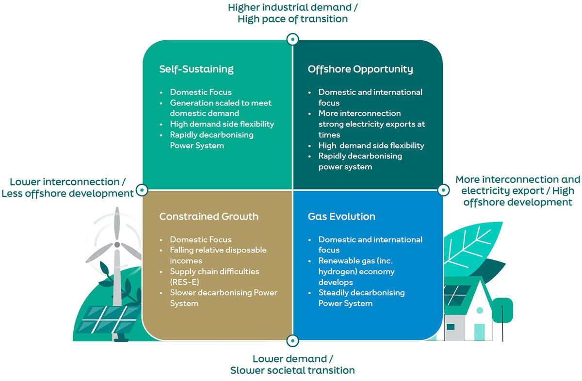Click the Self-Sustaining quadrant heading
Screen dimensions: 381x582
[196, 69]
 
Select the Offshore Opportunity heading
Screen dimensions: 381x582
[360, 69]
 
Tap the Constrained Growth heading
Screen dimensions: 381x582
[209, 216]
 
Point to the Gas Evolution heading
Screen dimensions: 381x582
[341, 216]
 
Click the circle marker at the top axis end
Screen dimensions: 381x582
[292, 39]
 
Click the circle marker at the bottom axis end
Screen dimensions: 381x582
[292, 341]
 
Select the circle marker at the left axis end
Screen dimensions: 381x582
[142, 190]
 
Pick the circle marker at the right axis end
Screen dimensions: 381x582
[443, 190]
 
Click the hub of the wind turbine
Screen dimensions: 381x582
[117, 245]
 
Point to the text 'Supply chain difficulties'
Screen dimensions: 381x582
[214, 271]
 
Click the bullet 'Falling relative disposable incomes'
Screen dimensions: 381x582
[218, 255]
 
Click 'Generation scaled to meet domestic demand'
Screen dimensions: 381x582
[221, 108]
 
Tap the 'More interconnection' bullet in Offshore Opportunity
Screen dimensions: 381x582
[359, 113]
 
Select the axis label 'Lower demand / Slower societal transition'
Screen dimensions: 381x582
[292, 365]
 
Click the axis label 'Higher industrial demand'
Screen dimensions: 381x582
[292, 8]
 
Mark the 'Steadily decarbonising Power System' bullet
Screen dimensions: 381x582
[361, 298]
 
